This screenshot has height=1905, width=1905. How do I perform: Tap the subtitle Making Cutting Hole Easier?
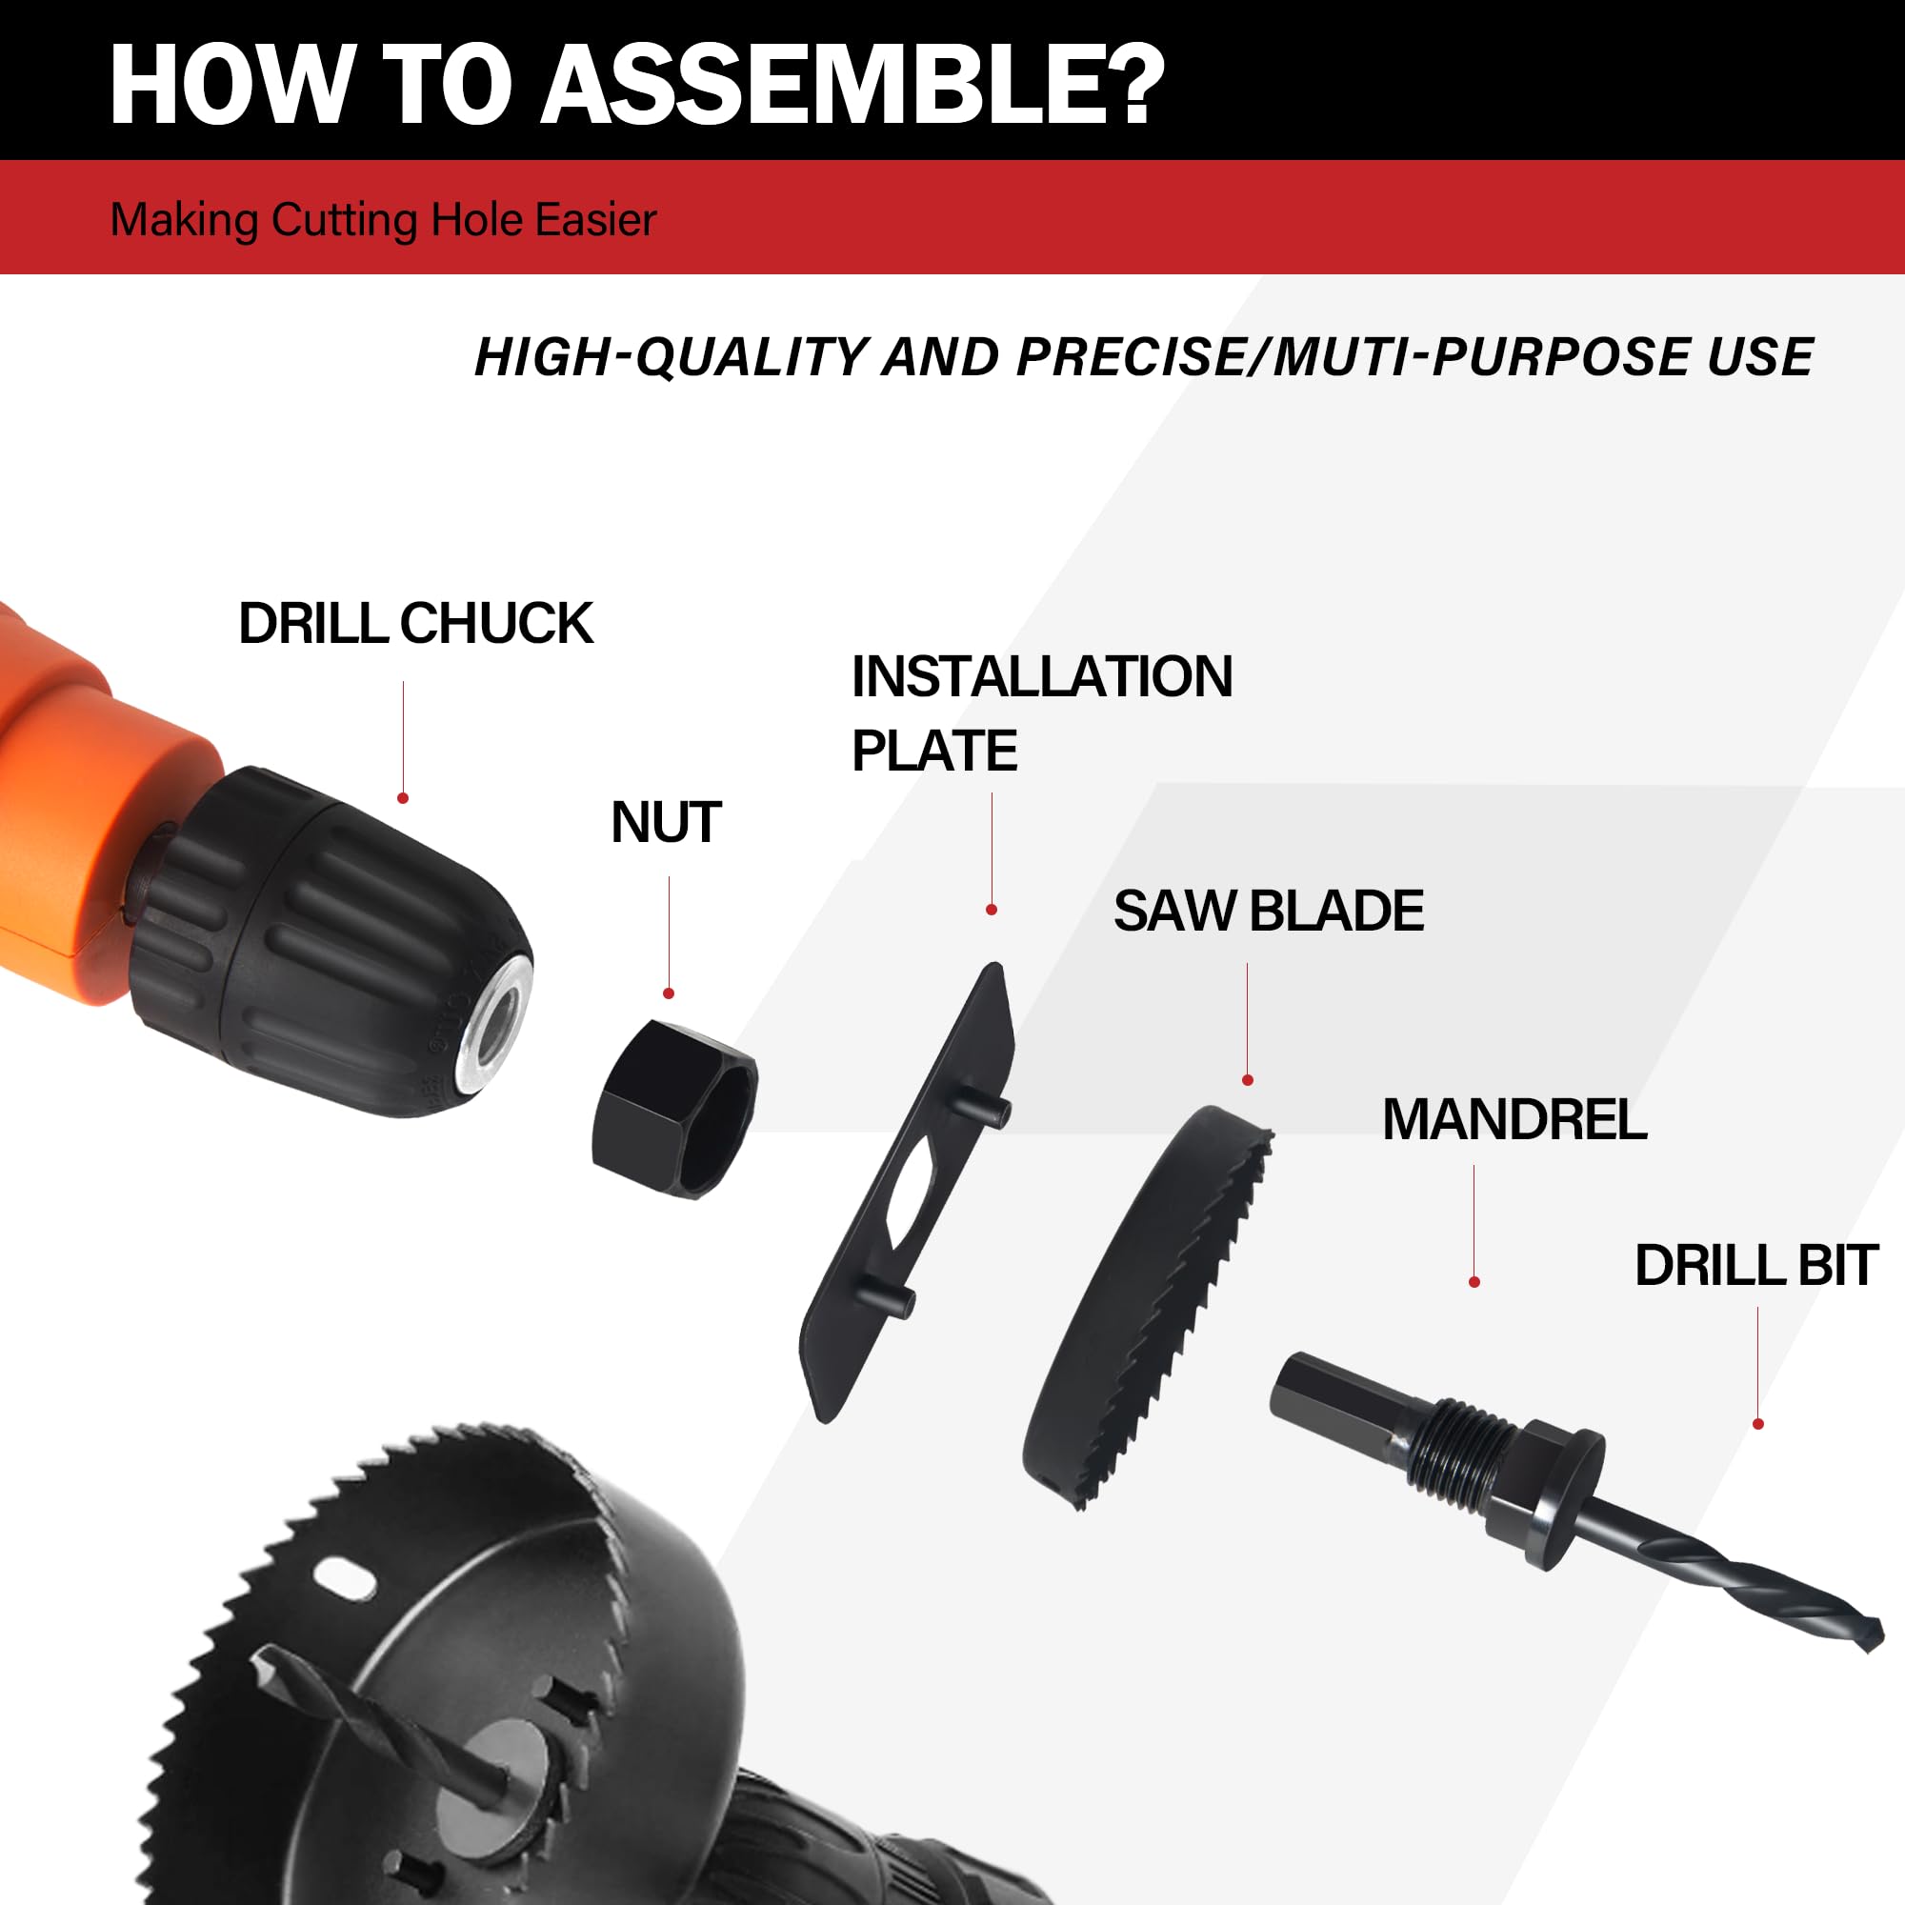tap(383, 219)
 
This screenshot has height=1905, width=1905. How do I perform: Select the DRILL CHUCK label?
tap(415, 623)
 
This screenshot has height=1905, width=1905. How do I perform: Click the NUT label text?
tap(666, 822)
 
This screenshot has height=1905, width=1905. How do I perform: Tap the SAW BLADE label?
tap(1268, 910)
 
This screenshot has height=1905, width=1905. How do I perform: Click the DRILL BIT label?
tap(1756, 1265)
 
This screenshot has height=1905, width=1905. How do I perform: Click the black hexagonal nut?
tap(676, 1109)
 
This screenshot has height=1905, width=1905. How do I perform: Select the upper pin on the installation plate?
tap(986, 1110)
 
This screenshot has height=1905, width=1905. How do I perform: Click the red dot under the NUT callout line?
tap(669, 993)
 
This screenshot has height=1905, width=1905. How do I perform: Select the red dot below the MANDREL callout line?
tap(1474, 1282)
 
